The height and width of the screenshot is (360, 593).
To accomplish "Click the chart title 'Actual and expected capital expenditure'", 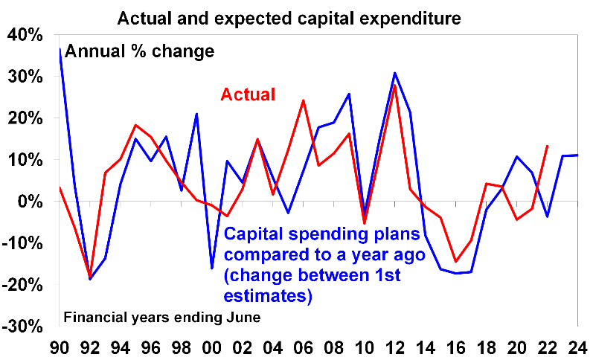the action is [x=289, y=18].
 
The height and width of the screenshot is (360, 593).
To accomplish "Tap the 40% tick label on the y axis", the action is [x=25, y=36].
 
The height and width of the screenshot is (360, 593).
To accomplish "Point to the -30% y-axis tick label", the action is [x=22, y=327].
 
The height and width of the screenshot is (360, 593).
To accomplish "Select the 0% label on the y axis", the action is [x=30, y=202].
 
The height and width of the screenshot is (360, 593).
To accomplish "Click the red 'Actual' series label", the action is [x=248, y=94].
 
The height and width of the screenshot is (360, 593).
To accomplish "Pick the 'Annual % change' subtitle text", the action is [x=140, y=51].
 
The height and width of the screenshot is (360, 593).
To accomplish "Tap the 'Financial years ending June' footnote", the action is [x=162, y=317].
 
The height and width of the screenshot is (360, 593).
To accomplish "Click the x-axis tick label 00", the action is [x=212, y=347].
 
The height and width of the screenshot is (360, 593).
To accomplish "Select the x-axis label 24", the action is [x=577, y=347].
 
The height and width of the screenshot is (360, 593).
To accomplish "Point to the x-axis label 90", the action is [x=60, y=347].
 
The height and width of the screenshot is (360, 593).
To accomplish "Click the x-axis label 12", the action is [x=394, y=347].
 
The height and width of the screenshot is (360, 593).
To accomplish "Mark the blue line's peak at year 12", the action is [x=394, y=73].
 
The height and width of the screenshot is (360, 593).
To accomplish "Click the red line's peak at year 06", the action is [x=304, y=100].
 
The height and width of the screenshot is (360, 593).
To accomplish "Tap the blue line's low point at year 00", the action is [x=212, y=269].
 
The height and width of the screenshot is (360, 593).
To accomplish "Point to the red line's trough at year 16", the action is [x=455, y=261].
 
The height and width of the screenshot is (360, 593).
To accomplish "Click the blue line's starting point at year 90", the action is [x=60, y=48].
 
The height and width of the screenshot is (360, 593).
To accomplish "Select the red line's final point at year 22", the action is [x=547, y=146].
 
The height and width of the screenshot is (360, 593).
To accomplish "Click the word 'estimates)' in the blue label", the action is [x=268, y=296].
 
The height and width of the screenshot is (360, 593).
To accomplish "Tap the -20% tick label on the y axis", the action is [x=22, y=285].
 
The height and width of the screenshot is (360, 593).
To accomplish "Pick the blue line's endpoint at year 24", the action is [x=577, y=155].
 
